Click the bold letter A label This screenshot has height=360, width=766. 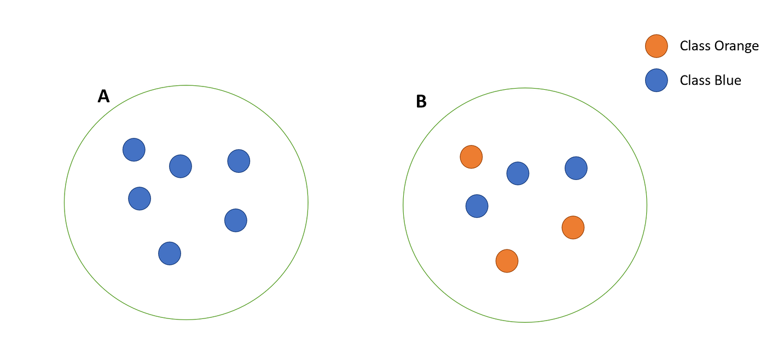click(x=103, y=96)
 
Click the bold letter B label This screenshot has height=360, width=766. click(x=421, y=101)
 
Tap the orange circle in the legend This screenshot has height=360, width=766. click(x=656, y=46)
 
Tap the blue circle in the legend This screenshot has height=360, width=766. click(x=656, y=80)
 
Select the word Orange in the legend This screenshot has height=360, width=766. click(x=738, y=46)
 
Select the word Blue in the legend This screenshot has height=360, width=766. click(x=728, y=80)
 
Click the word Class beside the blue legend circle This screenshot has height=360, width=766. click(x=696, y=80)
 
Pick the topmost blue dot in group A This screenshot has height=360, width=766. click(x=134, y=150)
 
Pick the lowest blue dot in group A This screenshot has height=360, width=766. click(x=169, y=253)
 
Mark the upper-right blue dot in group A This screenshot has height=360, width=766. click(x=239, y=161)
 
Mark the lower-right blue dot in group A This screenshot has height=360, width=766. click(x=236, y=220)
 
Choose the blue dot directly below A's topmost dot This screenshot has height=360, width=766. click(x=139, y=198)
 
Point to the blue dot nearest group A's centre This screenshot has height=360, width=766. click(x=180, y=166)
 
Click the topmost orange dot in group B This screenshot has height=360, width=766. click(x=471, y=157)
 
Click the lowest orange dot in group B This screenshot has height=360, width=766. click(x=507, y=261)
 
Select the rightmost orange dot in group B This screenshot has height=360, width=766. click(x=573, y=228)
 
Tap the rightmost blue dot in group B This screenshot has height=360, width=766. click(x=576, y=168)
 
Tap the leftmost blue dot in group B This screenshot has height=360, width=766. click(x=477, y=206)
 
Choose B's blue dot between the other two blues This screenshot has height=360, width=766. click(x=518, y=173)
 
